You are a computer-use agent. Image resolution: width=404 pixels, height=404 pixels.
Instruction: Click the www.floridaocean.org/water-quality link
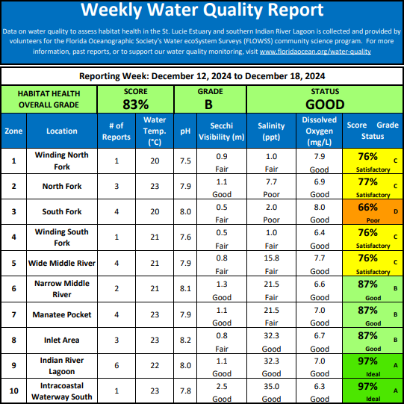click(x=315, y=52)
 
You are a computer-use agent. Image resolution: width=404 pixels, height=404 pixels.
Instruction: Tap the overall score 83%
click(x=135, y=105)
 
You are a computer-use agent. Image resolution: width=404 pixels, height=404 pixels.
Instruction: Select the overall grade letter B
click(x=208, y=105)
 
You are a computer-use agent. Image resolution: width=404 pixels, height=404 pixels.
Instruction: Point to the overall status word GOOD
click(x=325, y=105)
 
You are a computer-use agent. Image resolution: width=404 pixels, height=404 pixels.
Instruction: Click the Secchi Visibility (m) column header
click(x=222, y=131)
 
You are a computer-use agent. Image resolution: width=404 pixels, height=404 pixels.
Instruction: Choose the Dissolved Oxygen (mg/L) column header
click(x=319, y=131)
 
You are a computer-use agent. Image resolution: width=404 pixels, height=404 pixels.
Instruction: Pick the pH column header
click(x=185, y=131)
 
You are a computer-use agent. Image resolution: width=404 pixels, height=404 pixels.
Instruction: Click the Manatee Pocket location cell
click(x=62, y=314)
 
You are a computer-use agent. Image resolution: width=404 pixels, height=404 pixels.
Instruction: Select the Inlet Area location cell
click(x=61, y=340)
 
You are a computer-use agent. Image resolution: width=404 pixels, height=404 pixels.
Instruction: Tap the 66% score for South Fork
click(x=367, y=207)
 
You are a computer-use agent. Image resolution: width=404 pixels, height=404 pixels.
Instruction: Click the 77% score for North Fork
click(x=367, y=181)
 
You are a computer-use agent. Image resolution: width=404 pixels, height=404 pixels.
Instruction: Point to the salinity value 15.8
click(x=271, y=258)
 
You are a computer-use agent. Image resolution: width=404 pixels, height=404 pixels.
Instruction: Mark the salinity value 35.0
click(x=271, y=386)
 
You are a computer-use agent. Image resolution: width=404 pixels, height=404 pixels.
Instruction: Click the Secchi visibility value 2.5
click(x=222, y=386)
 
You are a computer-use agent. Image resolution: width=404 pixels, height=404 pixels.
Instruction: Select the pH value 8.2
click(x=185, y=340)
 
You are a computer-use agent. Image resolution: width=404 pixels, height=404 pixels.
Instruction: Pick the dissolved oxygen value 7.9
click(x=319, y=156)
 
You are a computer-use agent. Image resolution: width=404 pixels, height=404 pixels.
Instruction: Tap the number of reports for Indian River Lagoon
click(x=116, y=366)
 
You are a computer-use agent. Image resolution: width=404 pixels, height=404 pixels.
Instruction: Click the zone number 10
click(x=13, y=391)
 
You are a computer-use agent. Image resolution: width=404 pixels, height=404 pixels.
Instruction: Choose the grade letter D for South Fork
click(x=396, y=211)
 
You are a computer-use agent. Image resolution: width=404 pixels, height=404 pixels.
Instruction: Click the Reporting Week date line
click(x=202, y=76)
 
